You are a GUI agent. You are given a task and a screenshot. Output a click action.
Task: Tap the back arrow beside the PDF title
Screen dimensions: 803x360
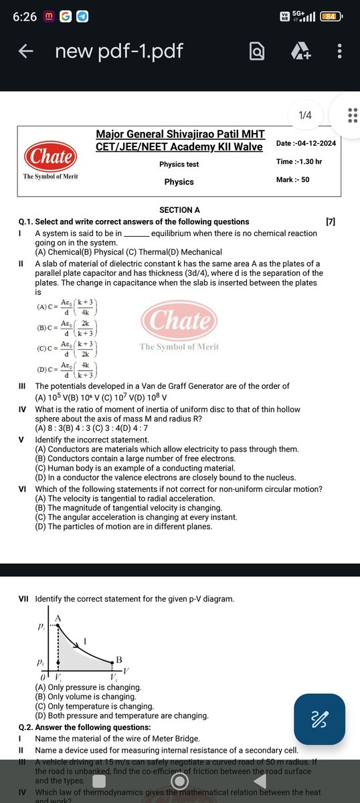tap(25, 51)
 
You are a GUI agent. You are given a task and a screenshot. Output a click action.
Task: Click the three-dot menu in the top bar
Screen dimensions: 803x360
tap(340, 51)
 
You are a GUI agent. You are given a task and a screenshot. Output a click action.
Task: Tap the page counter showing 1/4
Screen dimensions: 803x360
tap(305, 115)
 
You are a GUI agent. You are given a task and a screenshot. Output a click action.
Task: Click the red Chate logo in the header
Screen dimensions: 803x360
tap(51, 158)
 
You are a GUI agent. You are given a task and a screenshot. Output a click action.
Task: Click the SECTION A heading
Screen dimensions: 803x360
tap(179, 210)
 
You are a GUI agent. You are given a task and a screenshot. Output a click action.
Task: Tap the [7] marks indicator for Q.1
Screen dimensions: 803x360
tap(330, 221)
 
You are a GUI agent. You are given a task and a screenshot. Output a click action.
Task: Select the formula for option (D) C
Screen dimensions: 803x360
tap(68, 371)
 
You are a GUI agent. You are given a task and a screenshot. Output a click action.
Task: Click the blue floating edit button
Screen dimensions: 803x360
tap(319, 719)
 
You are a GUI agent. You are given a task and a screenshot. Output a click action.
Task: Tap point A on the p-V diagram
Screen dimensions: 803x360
tap(58, 618)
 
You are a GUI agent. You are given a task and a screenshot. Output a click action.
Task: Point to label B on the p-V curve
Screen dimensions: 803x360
tap(118, 660)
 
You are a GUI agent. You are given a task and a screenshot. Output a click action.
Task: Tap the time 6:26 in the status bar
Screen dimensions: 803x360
tap(24, 16)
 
